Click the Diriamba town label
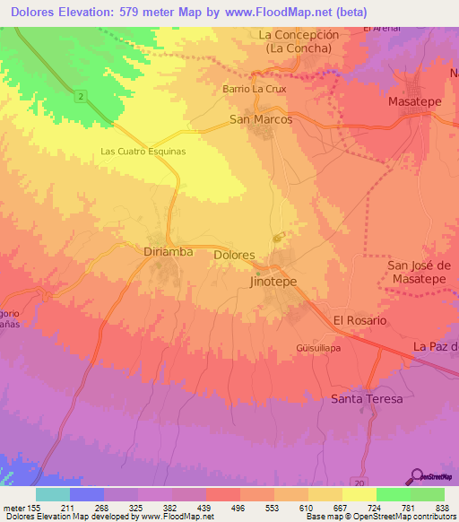[169, 252]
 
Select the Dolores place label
[235, 255]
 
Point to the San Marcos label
[261, 119]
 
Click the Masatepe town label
[415, 102]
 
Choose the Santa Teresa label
[367, 398]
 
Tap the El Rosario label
[359, 320]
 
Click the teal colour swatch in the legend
[52, 494]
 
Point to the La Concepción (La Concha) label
[299, 41]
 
